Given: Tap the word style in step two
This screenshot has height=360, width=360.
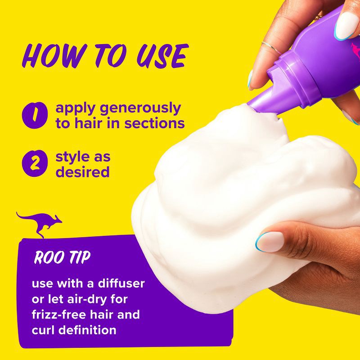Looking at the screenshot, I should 72,157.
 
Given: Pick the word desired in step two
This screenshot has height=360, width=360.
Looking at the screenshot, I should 82,172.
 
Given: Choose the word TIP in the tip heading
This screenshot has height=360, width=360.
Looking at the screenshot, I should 79,258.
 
